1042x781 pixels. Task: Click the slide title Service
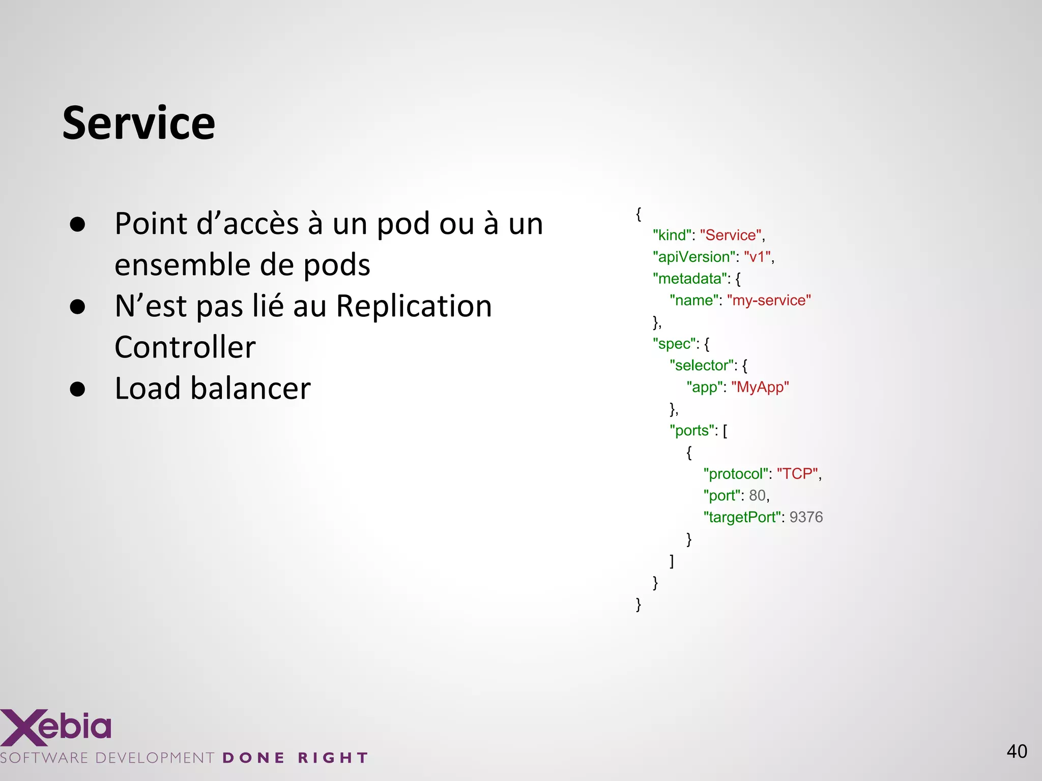pos(138,123)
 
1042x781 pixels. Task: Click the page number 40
pos(1017,752)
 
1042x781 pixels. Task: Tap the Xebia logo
pos(56,727)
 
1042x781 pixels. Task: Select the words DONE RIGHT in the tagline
pos(295,758)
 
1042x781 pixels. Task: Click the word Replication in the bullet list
pos(414,306)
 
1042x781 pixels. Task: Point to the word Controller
pos(185,347)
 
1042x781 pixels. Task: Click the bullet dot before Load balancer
pos(77,389)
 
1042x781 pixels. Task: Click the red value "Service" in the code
pos(731,235)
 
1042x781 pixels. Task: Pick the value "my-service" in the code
pos(769,301)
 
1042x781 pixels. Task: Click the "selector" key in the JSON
pos(702,366)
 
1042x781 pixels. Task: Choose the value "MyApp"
pos(760,387)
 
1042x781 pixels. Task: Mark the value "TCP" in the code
pos(797,474)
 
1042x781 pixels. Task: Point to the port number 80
pos(757,496)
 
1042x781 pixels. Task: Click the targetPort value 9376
pos(806,517)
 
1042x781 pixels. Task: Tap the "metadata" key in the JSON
pos(690,279)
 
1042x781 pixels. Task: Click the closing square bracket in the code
pos(672,561)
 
